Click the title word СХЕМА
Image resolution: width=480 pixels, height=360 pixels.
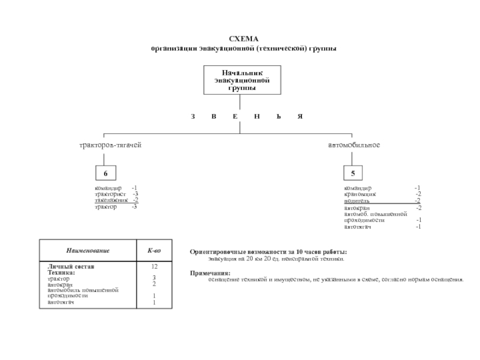[x=244, y=38]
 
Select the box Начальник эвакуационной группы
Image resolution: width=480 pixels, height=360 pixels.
[x=242, y=80]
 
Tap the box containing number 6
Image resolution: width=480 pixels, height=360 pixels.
[x=105, y=174]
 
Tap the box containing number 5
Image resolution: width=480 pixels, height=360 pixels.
[x=353, y=174]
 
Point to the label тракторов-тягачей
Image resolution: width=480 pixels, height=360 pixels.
[x=111, y=146]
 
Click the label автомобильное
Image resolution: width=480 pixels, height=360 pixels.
[x=354, y=146]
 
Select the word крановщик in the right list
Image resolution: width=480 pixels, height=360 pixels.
[x=360, y=194]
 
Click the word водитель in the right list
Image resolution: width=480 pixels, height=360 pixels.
[x=356, y=200]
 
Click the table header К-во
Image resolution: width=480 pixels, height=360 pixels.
[x=154, y=250]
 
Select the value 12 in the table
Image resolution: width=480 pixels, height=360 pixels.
[x=154, y=266]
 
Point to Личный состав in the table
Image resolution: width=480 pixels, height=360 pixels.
[x=71, y=266]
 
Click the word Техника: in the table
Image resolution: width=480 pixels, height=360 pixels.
[x=61, y=272]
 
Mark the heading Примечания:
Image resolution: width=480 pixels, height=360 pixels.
[x=210, y=273]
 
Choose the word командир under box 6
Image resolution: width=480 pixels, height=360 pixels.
[x=108, y=188]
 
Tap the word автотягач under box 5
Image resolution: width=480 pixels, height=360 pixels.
[x=358, y=227]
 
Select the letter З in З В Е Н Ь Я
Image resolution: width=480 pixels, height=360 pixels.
[x=193, y=116]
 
